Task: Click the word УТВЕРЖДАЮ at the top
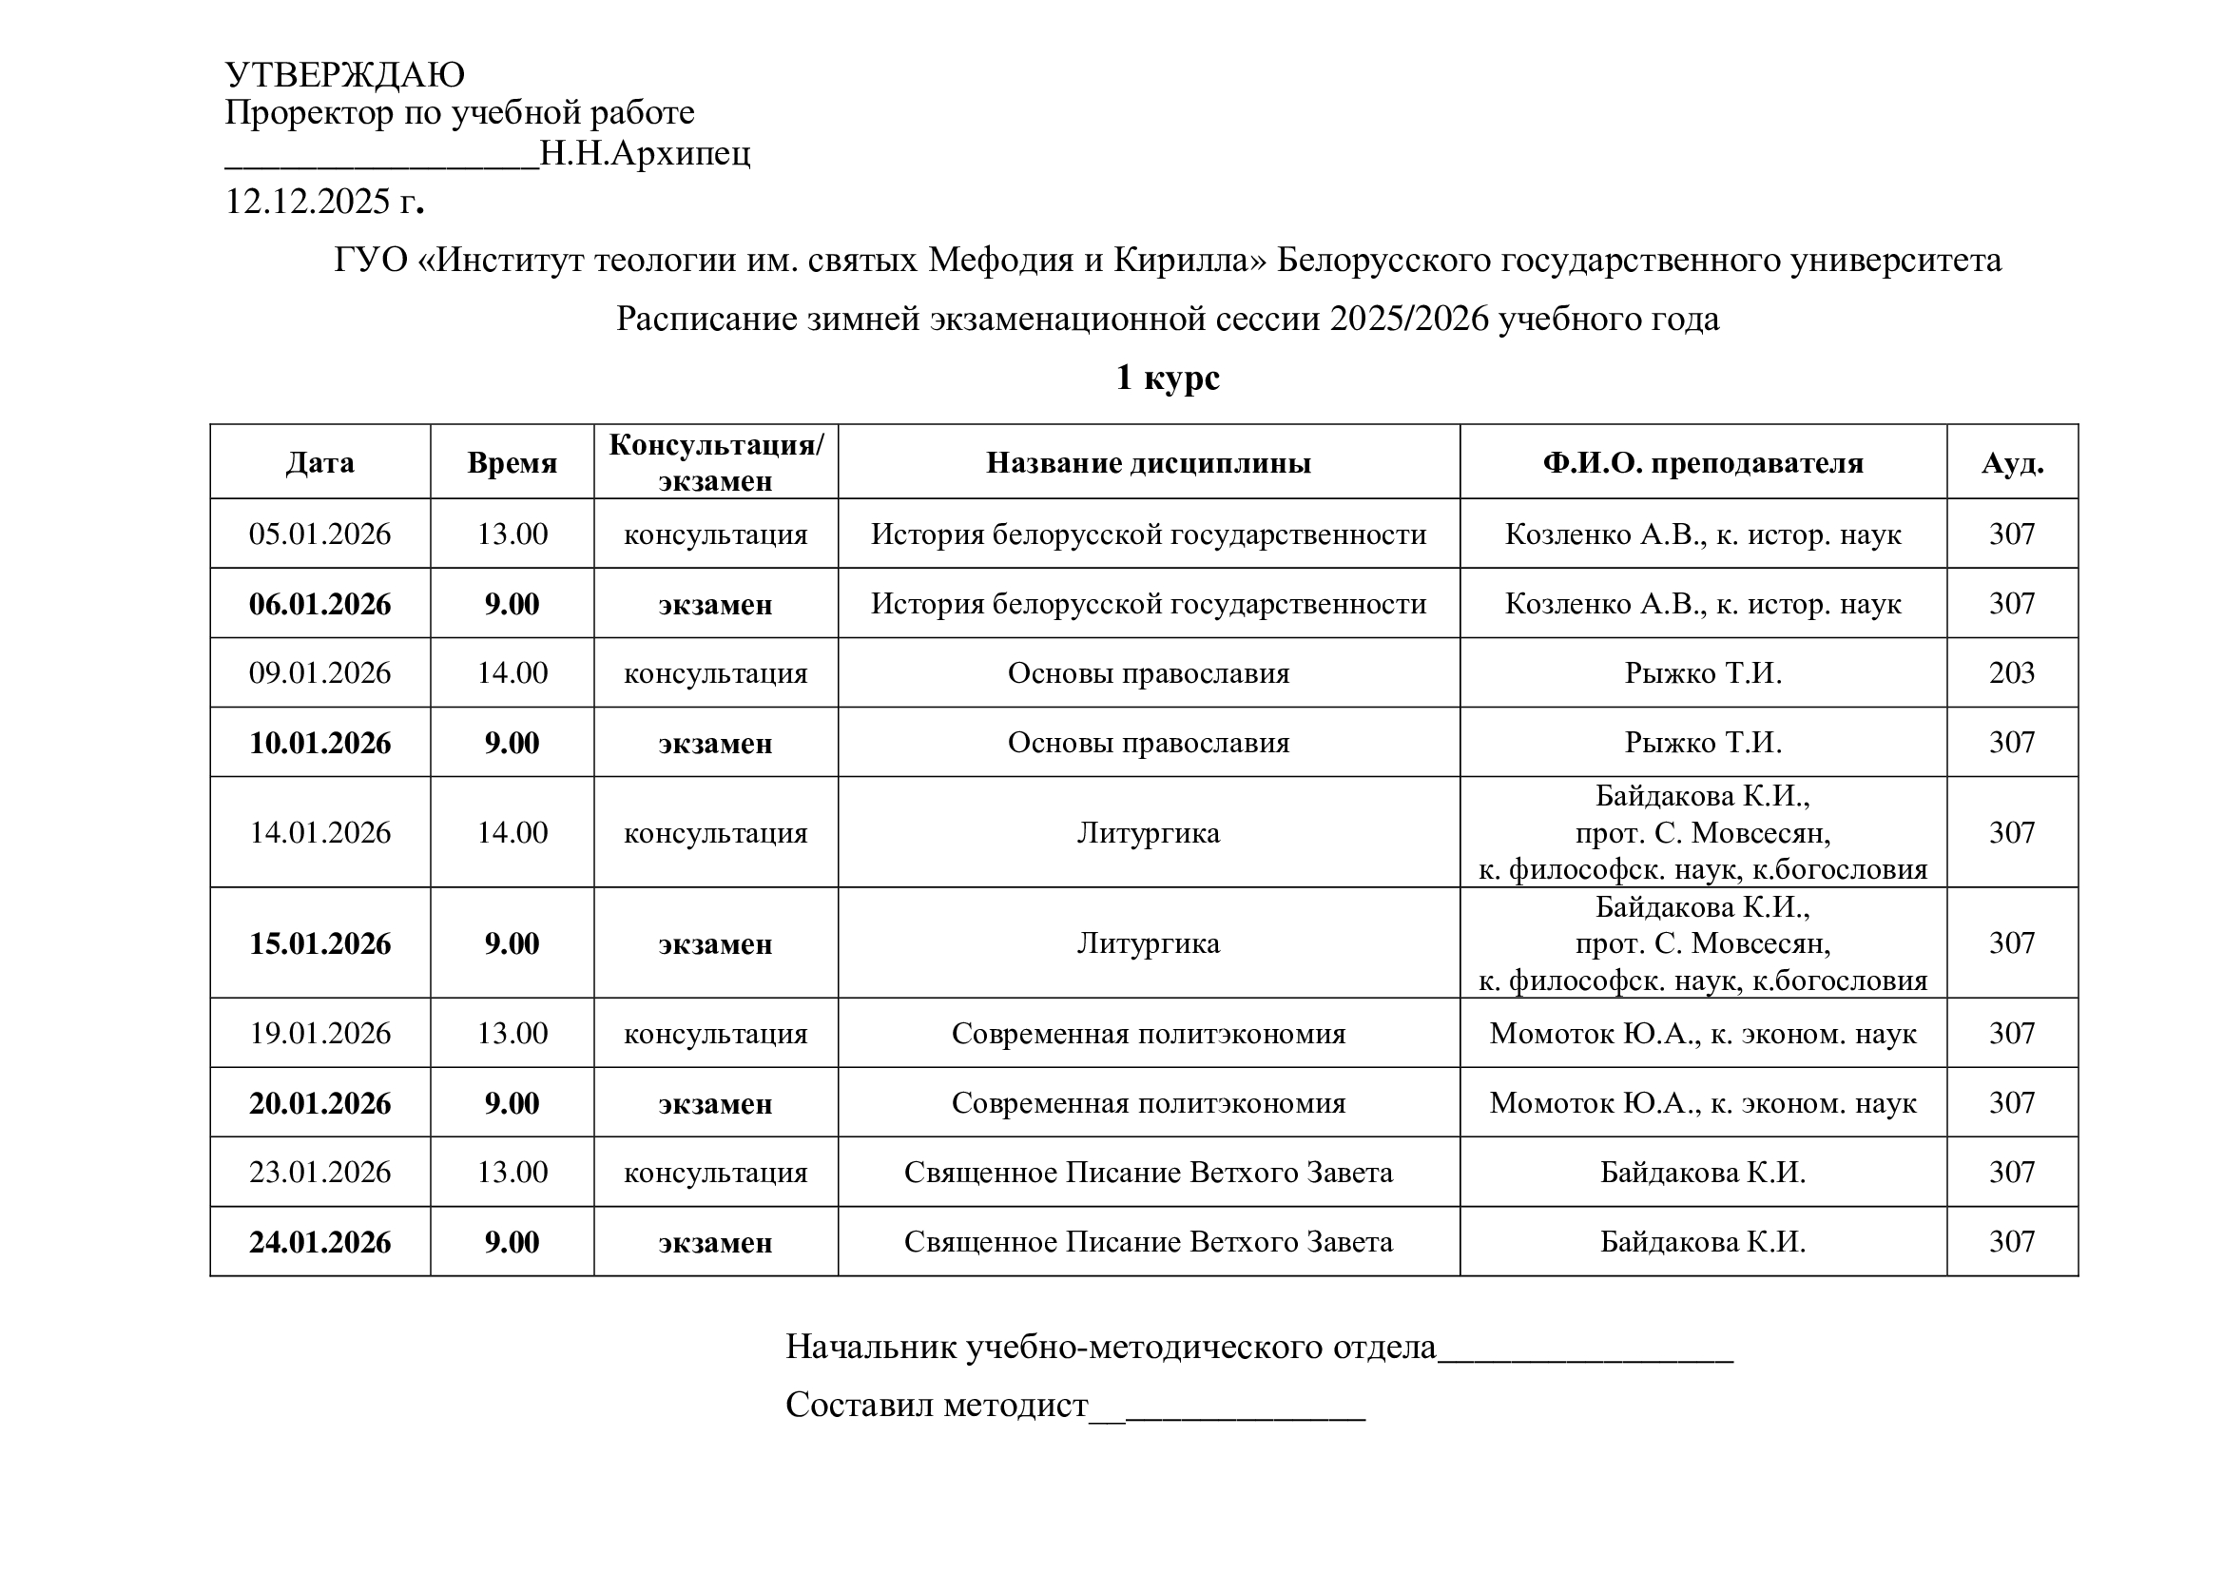click(x=345, y=74)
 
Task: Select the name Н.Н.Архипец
click(x=645, y=153)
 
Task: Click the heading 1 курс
click(x=1168, y=377)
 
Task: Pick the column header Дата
click(x=319, y=463)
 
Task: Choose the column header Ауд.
click(x=2012, y=463)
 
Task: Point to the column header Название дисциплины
click(x=1149, y=463)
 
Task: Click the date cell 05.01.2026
click(x=319, y=534)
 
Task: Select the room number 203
click(x=2012, y=673)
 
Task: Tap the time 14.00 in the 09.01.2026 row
click(x=512, y=673)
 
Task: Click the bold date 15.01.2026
click(x=319, y=944)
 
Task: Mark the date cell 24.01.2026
click(x=319, y=1243)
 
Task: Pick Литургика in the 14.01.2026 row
click(x=1149, y=833)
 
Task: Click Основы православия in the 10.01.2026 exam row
click(x=1149, y=743)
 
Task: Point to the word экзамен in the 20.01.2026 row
click(x=715, y=1104)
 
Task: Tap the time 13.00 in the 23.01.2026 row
click(x=512, y=1173)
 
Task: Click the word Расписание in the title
click(x=706, y=319)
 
